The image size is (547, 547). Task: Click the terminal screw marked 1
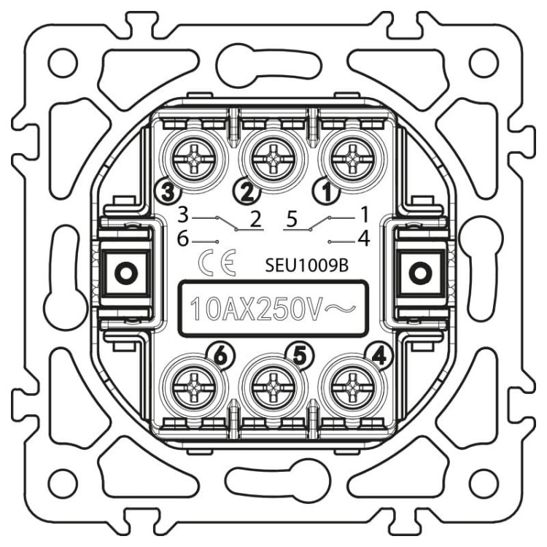tap(352, 161)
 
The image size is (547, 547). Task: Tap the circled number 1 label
tap(327, 193)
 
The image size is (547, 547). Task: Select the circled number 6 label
tap(220, 356)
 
